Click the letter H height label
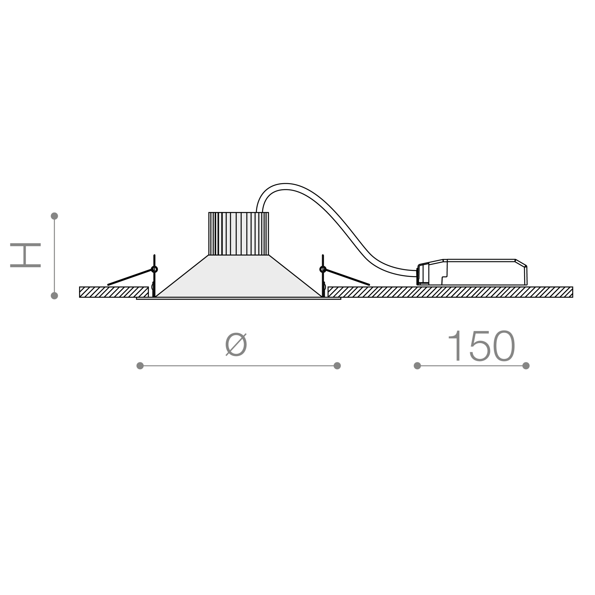click(25, 255)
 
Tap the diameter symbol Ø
click(236, 344)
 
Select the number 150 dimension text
click(481, 346)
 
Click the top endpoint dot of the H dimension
click(54, 216)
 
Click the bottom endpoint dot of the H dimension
click(54, 296)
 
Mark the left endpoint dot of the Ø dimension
click(140, 366)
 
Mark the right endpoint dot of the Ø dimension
click(337, 366)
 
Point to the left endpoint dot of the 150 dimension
click(417, 366)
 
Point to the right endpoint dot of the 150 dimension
click(526, 366)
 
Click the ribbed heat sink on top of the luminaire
click(239, 234)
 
